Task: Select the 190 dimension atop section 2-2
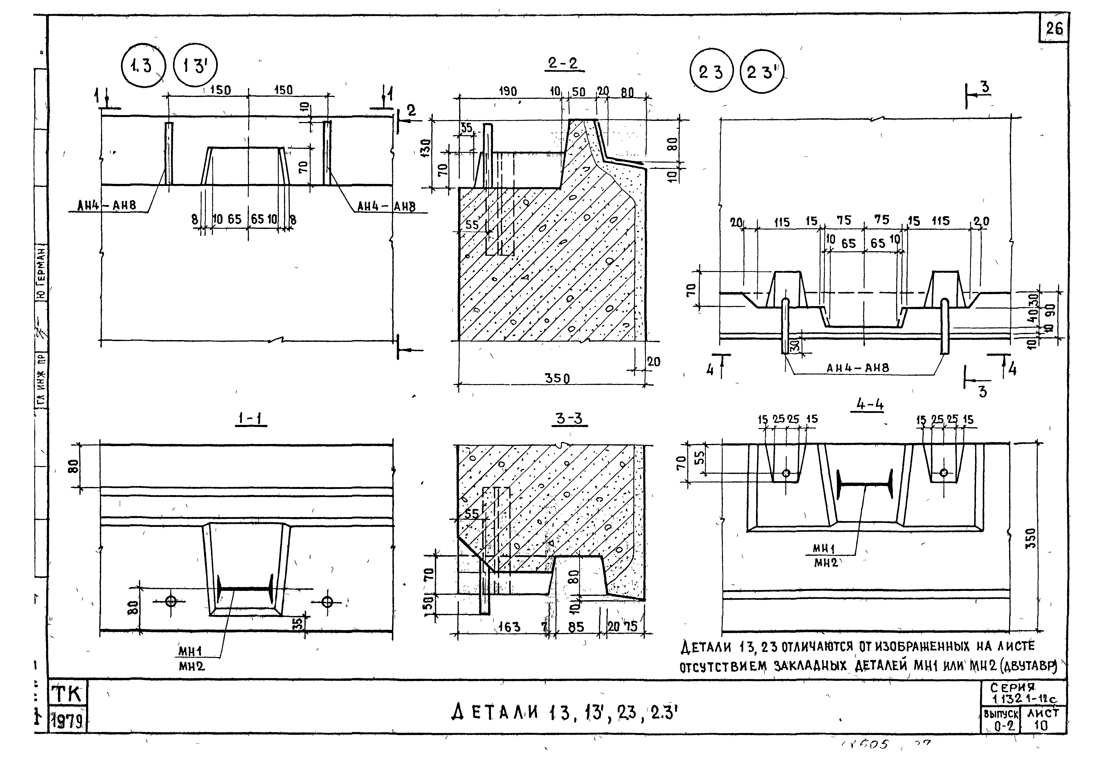pos(507,91)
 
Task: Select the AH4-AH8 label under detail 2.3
pos(857,368)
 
